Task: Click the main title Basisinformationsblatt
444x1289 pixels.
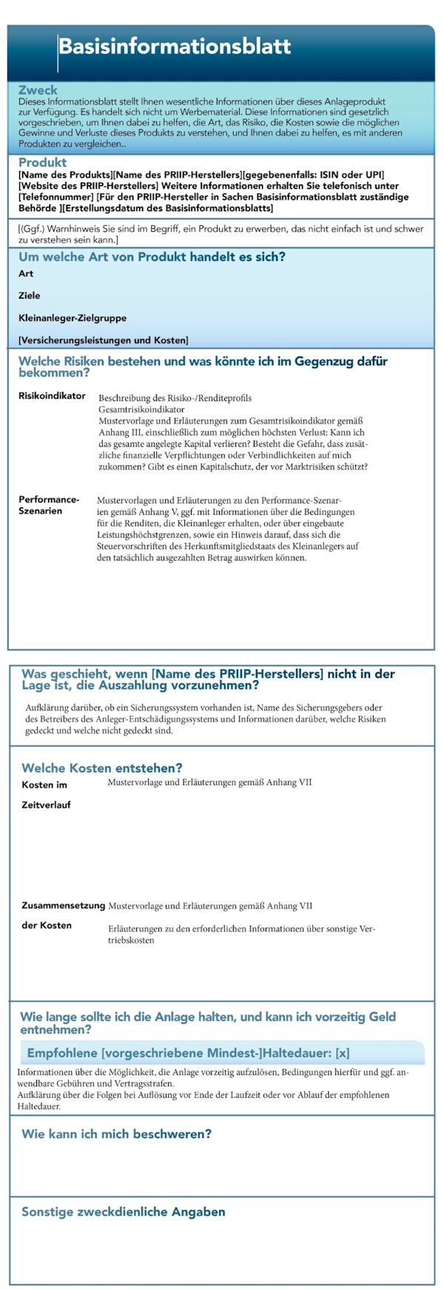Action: click(175, 47)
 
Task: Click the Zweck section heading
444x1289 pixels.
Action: click(38, 90)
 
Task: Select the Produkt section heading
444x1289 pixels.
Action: click(42, 162)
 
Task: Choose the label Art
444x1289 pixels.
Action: click(26, 273)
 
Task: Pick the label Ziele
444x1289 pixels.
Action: click(30, 296)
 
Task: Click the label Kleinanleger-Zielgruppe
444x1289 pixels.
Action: click(73, 318)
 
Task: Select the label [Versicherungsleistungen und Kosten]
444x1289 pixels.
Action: click(104, 340)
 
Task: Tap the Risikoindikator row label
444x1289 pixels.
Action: click(52, 396)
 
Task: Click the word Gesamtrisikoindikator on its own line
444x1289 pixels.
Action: click(141, 409)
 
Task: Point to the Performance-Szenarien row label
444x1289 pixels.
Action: click(49, 505)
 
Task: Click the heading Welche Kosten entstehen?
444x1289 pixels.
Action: click(101, 767)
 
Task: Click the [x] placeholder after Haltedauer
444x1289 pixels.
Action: click(342, 1053)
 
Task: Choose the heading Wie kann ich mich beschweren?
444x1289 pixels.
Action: click(116, 1134)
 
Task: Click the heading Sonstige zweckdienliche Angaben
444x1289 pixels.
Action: click(123, 1212)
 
